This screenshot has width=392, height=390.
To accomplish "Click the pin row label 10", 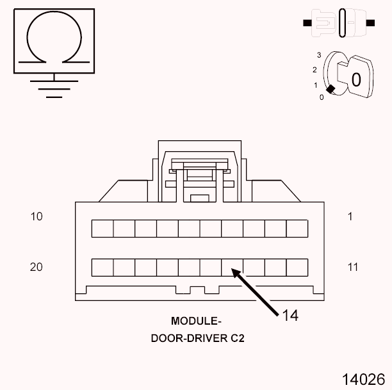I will pyautogui.click(x=37, y=216).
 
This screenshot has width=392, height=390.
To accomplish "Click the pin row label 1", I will pyautogui.click(x=350, y=216).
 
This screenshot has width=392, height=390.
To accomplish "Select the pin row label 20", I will pyautogui.click(x=37, y=266).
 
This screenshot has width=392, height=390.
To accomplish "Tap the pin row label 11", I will pyautogui.click(x=353, y=266).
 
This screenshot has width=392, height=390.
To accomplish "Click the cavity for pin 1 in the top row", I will pyautogui.click(x=297, y=229).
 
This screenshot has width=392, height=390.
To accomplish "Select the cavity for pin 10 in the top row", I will pyautogui.click(x=102, y=229).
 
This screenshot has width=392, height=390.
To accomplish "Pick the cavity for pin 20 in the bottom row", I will pyautogui.click(x=102, y=267).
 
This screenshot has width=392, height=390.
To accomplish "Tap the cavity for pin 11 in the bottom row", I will pyautogui.click(x=297, y=267).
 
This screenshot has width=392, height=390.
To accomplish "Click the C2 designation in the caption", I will pyautogui.click(x=236, y=337).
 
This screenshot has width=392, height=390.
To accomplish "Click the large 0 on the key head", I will pyautogui.click(x=356, y=79).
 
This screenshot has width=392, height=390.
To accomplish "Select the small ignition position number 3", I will pyautogui.click(x=318, y=56).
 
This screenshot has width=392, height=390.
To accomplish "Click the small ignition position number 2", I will pyautogui.click(x=314, y=69).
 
